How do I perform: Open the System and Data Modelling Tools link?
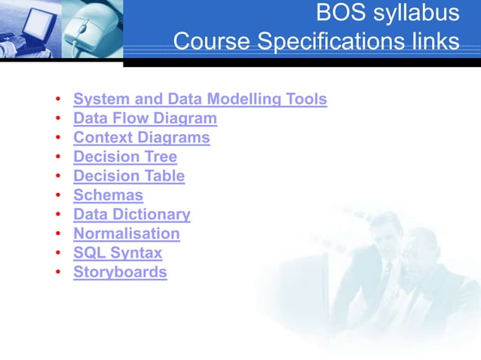tap(200, 99)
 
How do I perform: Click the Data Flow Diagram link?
tap(145, 119)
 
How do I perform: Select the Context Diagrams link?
tap(141, 138)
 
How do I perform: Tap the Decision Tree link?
tap(125, 157)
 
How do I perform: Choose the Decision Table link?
tap(129, 176)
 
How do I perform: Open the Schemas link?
tap(108, 196)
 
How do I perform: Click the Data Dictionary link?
tap(132, 215)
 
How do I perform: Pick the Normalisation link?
tap(127, 234)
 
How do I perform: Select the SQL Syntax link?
tap(118, 253)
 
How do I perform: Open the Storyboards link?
tap(120, 273)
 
